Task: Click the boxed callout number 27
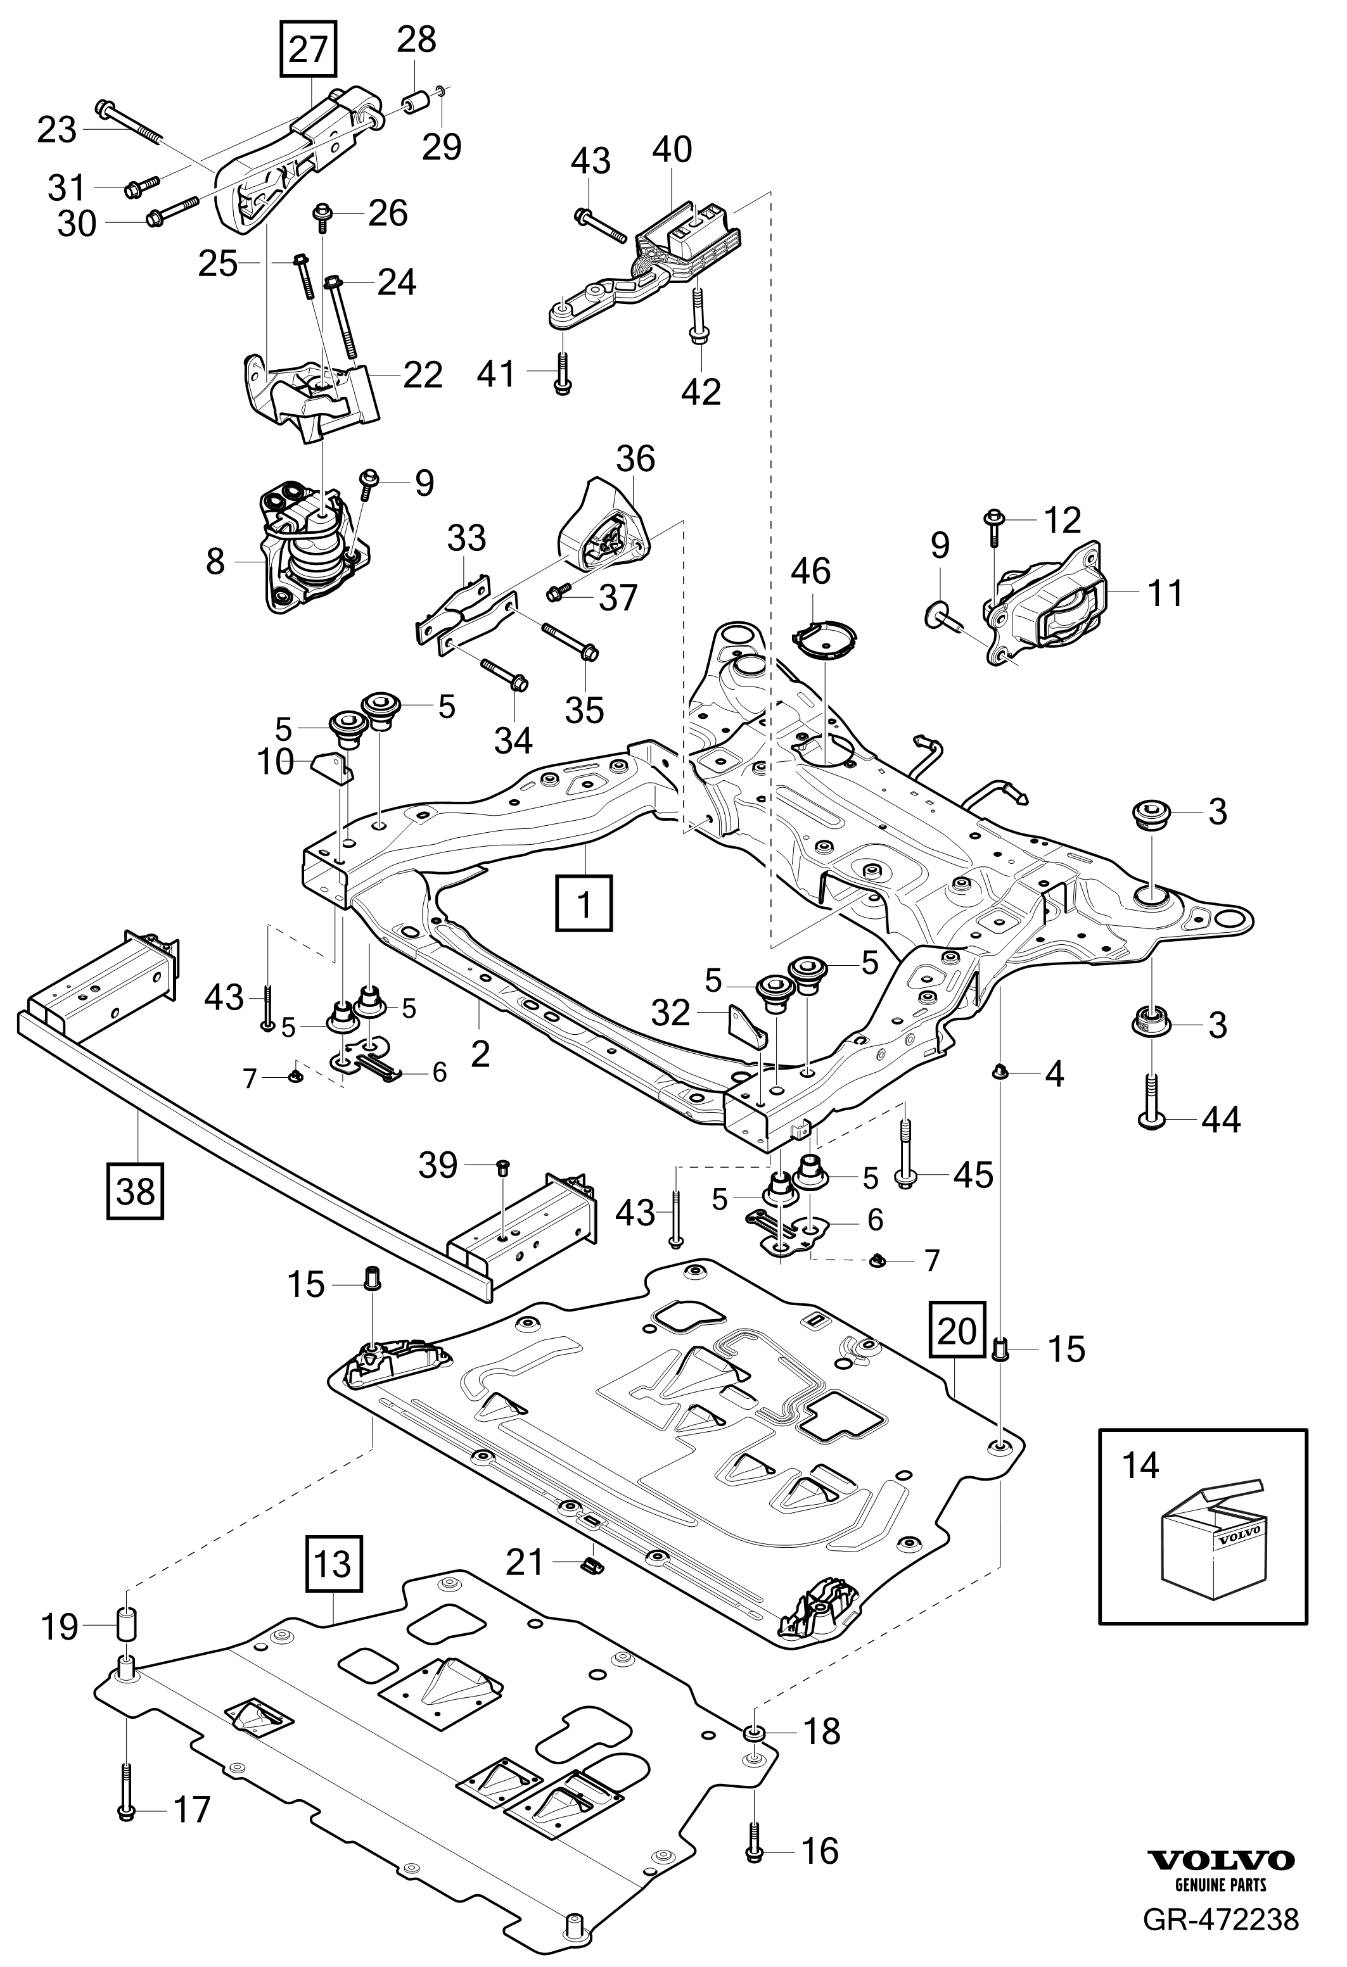[x=308, y=50]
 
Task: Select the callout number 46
[x=810, y=571]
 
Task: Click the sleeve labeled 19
[x=125, y=1626]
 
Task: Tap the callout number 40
[x=672, y=150]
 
